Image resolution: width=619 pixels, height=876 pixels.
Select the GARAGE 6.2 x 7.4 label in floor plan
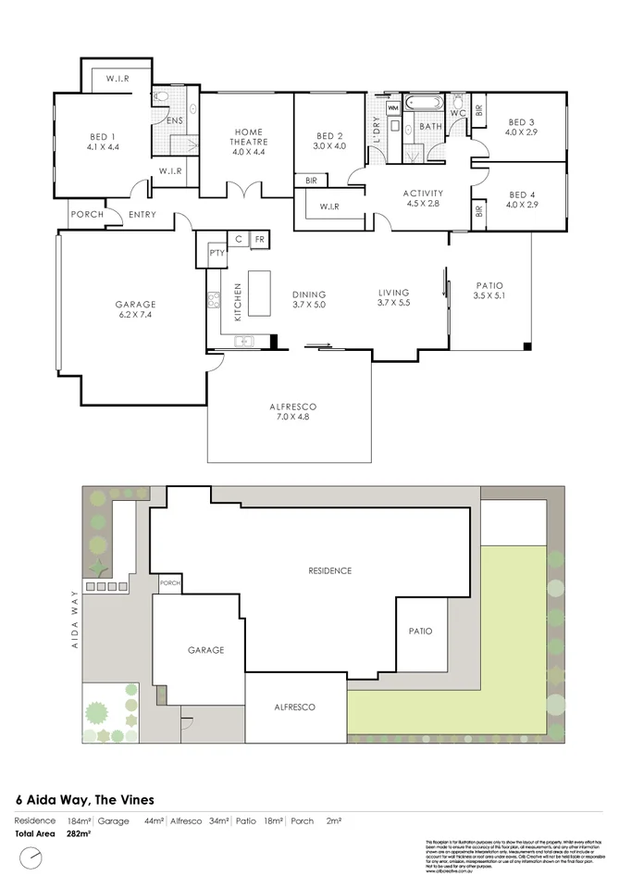(x=135, y=309)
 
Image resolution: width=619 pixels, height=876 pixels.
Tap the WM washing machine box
(x=393, y=108)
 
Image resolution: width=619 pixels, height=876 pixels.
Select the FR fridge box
(x=260, y=239)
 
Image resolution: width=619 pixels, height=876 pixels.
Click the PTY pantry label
(x=217, y=251)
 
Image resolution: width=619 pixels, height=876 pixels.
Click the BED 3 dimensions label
(x=521, y=132)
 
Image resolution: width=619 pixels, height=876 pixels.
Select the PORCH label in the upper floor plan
(x=87, y=215)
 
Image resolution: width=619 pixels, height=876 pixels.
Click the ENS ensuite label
(x=174, y=120)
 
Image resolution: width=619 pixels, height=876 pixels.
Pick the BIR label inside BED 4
(x=478, y=211)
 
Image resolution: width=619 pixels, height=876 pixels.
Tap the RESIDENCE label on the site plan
(x=329, y=570)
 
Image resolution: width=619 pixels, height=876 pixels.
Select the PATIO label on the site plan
(x=420, y=631)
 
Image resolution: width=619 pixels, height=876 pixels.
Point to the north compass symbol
(x=35, y=857)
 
